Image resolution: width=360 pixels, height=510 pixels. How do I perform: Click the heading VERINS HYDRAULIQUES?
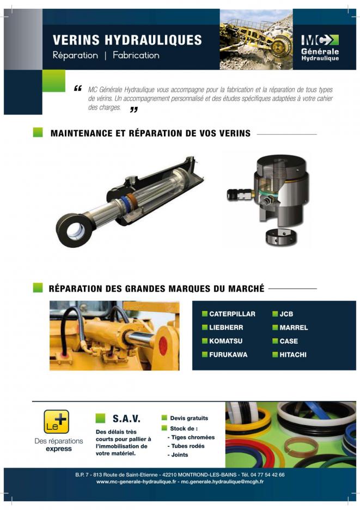pyautogui.click(x=127, y=40)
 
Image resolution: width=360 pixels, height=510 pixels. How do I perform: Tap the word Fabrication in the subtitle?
pyautogui.click(x=136, y=55)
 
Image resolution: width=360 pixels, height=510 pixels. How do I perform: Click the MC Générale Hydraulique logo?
pyautogui.click(x=320, y=47)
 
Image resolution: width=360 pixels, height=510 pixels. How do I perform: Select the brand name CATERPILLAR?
pyautogui.click(x=232, y=314)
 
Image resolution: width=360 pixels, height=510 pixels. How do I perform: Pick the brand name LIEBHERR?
pyautogui.click(x=226, y=327)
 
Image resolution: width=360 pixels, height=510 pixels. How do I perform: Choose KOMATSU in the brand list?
pyautogui.click(x=225, y=341)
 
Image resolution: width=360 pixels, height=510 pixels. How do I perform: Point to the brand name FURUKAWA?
pyautogui.click(x=228, y=355)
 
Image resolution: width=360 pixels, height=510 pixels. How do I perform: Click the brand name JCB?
pyautogui.click(x=286, y=314)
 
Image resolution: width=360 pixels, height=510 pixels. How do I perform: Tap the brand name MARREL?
pyautogui.click(x=294, y=327)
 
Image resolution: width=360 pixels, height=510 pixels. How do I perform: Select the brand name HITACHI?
pyautogui.click(x=293, y=355)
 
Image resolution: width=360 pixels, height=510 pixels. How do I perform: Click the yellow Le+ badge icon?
pyautogui.click(x=57, y=422)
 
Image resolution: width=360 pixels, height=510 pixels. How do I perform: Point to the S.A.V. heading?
pyautogui.click(x=126, y=418)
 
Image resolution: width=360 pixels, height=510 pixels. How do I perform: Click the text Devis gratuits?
pyautogui.click(x=189, y=418)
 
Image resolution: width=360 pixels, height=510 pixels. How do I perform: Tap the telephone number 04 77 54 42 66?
pyautogui.click(x=267, y=475)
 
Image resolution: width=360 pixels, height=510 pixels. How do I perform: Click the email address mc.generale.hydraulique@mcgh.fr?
pyautogui.click(x=222, y=482)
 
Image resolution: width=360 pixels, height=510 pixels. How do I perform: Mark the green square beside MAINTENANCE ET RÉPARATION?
pyautogui.click(x=38, y=132)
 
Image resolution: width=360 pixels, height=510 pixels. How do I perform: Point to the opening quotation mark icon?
pyautogui.click(x=77, y=88)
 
